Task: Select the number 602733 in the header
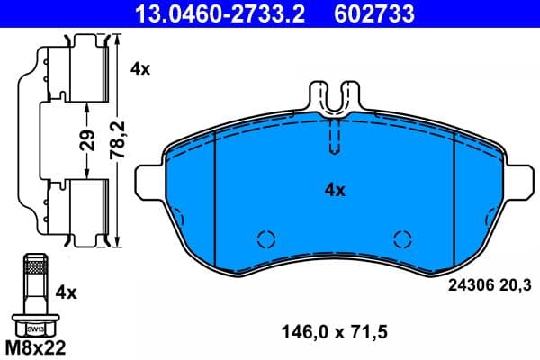point(375,13)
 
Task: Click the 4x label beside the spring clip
point(140,68)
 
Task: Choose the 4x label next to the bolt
point(66,292)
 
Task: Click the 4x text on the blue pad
point(335,190)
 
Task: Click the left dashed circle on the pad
point(265,238)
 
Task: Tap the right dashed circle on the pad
point(402,238)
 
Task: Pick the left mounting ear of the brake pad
point(148,179)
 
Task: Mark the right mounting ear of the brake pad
point(521,179)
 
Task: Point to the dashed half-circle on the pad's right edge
point(491,218)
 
